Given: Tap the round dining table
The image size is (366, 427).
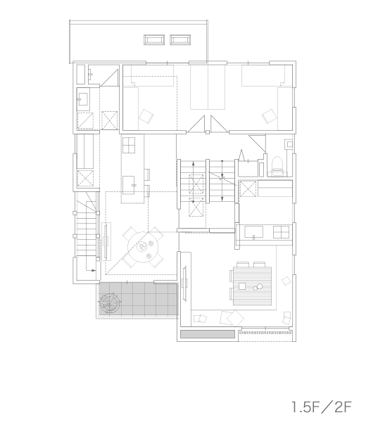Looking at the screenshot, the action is [143, 247].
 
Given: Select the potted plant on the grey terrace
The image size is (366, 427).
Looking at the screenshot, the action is [110, 303].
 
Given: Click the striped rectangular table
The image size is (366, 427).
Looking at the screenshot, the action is [252, 286].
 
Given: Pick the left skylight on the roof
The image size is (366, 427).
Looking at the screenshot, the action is [154, 40].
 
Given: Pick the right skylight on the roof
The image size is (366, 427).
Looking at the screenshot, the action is [180, 40].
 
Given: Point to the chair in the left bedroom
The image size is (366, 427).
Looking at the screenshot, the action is [146, 116].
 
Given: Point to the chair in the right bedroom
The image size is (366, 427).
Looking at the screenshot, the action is [270, 116].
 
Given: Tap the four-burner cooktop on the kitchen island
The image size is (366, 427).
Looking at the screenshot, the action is [129, 145].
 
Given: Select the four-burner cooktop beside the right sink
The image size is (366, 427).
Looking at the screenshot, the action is [281, 232].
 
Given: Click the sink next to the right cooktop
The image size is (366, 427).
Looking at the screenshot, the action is [253, 232].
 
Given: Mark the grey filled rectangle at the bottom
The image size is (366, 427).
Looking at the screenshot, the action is [208, 334].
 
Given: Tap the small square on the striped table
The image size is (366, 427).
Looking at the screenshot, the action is [242, 286].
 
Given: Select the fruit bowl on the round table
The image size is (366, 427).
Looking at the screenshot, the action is [142, 247].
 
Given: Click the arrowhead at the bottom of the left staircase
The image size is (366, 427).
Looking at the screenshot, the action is [94, 270].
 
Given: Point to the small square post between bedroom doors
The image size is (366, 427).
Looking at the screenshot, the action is [208, 132].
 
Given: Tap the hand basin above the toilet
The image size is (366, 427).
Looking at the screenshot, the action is [289, 144].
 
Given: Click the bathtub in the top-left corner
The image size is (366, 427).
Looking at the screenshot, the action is [80, 75].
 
